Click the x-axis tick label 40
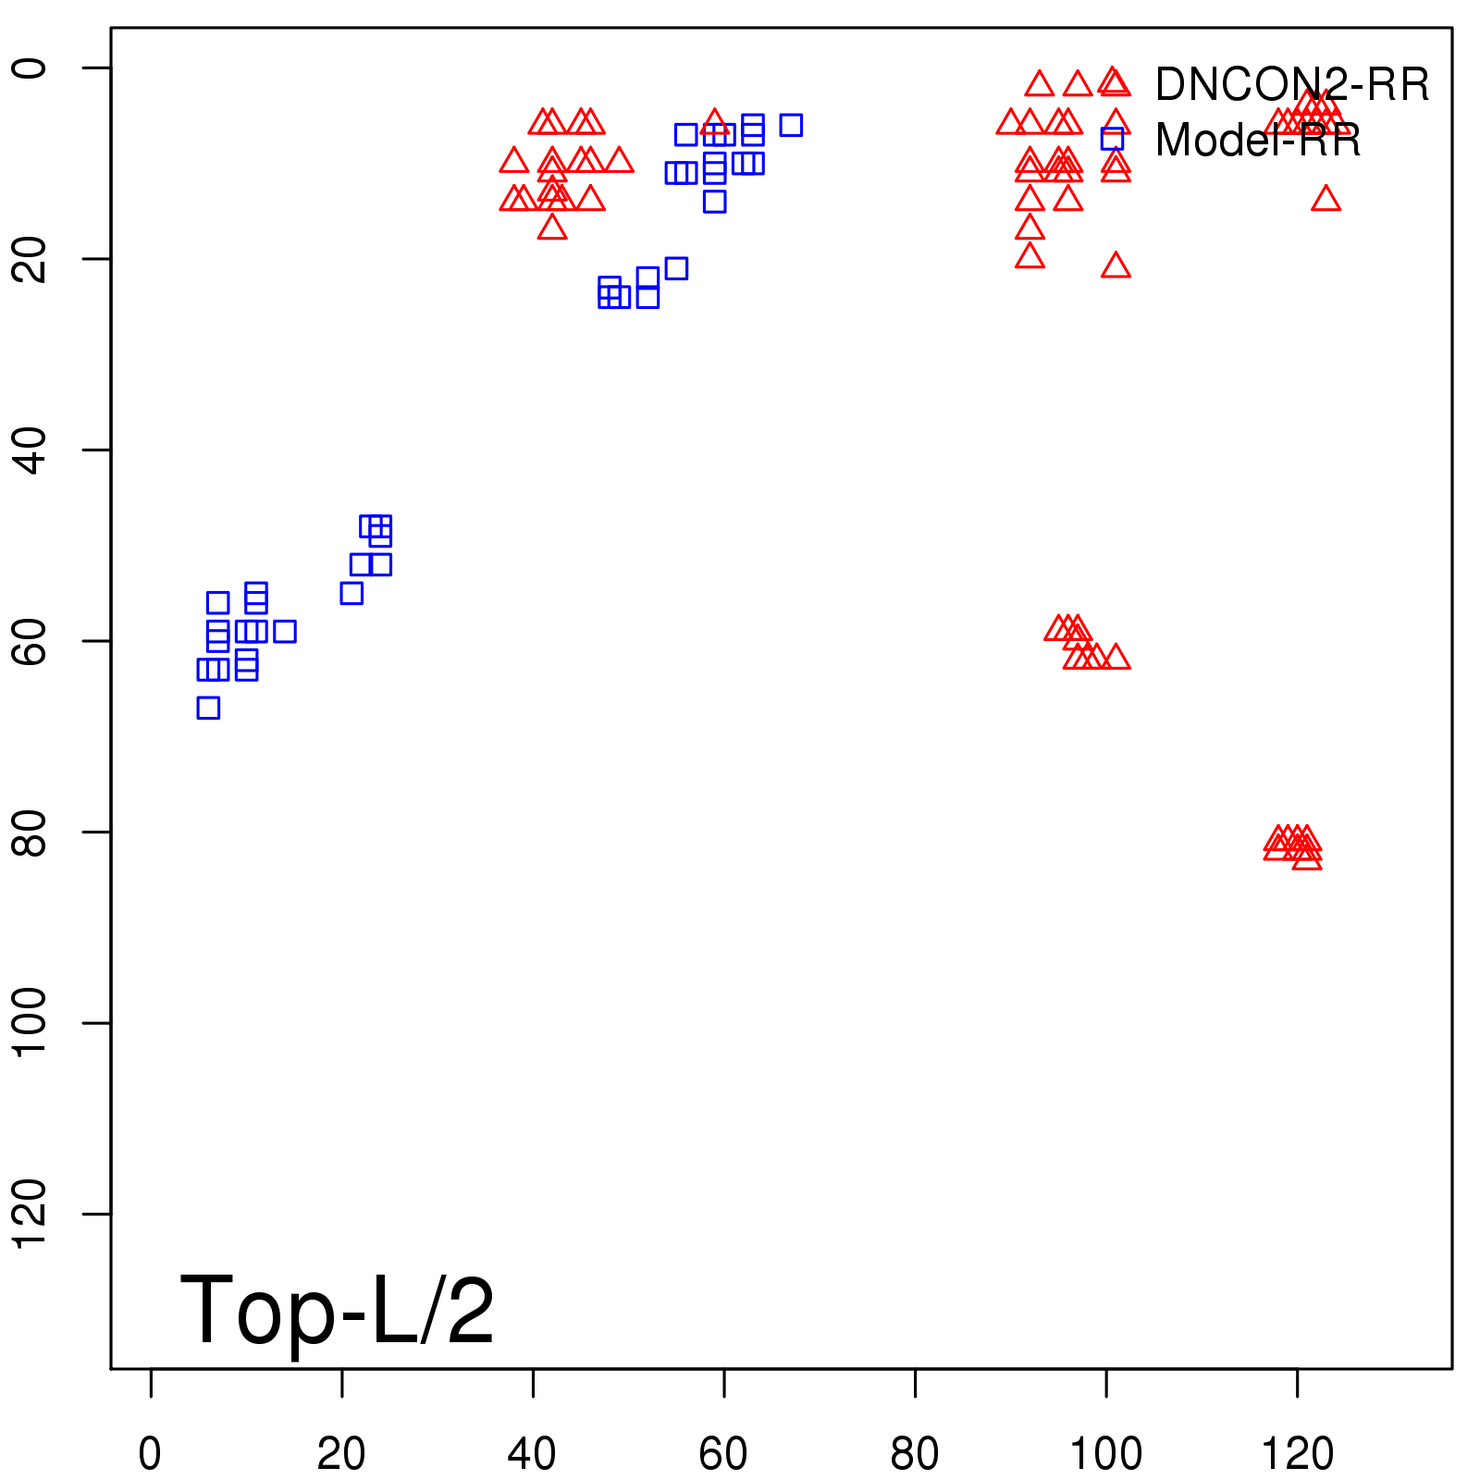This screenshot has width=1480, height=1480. point(532,1454)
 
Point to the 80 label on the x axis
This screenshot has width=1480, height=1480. point(914,1454)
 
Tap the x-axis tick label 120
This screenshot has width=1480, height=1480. point(1297,1454)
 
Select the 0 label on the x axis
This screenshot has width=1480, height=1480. point(150,1454)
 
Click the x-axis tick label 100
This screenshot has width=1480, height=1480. point(1105,1454)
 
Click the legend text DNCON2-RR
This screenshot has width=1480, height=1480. point(1291,85)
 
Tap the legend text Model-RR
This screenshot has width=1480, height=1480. point(1258,141)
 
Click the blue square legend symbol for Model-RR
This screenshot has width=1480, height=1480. point(1112,139)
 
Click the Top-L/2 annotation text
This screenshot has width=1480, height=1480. point(337,1310)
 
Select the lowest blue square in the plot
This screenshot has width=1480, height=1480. point(208,708)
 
